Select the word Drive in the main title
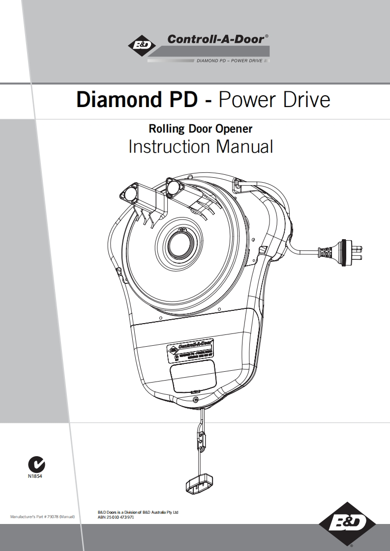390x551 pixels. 308,100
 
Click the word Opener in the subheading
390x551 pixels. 234,129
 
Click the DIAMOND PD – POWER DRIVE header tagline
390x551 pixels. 229,61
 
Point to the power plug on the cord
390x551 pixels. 350,250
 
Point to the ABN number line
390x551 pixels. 117,517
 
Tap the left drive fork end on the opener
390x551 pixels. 130,193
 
